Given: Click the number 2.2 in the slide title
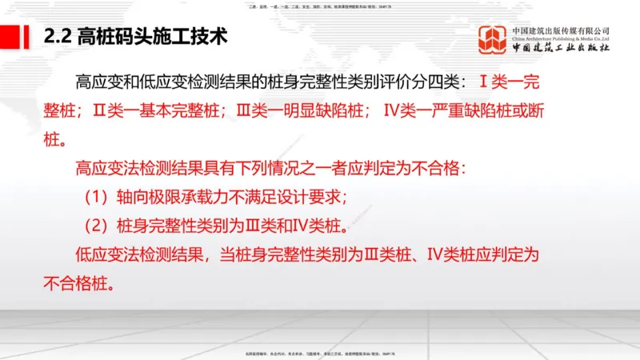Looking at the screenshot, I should pyautogui.click(x=58, y=37).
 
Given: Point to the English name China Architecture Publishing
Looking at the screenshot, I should pyautogui.click(x=561, y=40).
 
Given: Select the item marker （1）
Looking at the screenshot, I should pyautogui.click(x=99, y=197).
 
